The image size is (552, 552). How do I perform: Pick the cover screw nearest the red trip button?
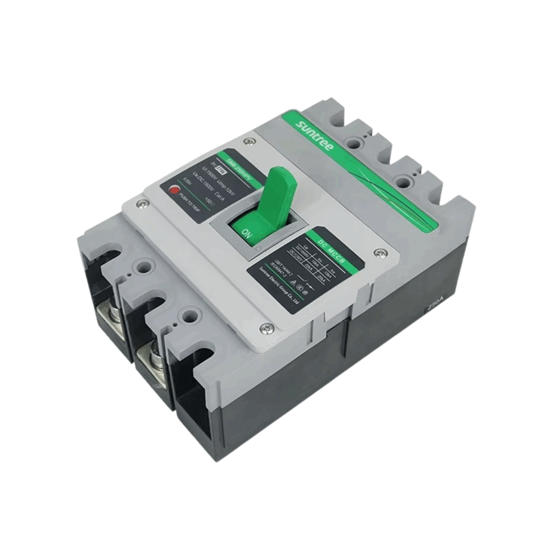[142, 203]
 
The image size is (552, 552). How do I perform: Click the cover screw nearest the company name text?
[266, 328]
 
